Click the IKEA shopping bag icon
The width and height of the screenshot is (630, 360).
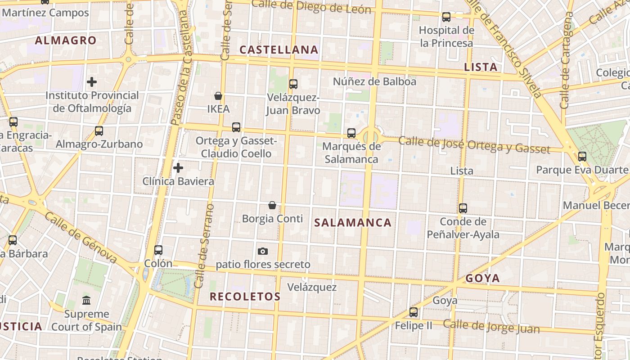pos(218,96)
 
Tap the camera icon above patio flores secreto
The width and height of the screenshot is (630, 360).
pos(263,251)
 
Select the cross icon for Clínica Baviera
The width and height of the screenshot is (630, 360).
pos(178,168)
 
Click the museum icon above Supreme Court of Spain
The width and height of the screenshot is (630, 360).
pos(86,300)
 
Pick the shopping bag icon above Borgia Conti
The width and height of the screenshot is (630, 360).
pos(272,205)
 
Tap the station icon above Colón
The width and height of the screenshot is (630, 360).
pos(158,250)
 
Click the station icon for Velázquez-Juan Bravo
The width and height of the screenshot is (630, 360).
pos(293,84)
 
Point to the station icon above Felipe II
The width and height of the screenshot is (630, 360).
pos(414,312)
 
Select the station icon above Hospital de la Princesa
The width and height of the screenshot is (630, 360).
pos(446,17)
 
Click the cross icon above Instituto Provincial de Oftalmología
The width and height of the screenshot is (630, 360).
pos(92,82)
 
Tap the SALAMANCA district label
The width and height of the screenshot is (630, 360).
pos(353,223)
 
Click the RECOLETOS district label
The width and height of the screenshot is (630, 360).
pos(245,297)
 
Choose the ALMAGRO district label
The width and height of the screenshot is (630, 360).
pos(66,40)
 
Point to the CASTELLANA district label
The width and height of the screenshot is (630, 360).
pos(279,49)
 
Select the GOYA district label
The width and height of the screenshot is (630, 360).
pos(483,278)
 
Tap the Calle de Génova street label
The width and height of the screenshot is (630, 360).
pos(81,238)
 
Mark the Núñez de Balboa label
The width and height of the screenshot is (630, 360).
pos(374,81)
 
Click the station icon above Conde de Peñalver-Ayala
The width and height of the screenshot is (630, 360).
pos(463,208)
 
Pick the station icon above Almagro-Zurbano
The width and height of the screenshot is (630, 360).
pos(99,131)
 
